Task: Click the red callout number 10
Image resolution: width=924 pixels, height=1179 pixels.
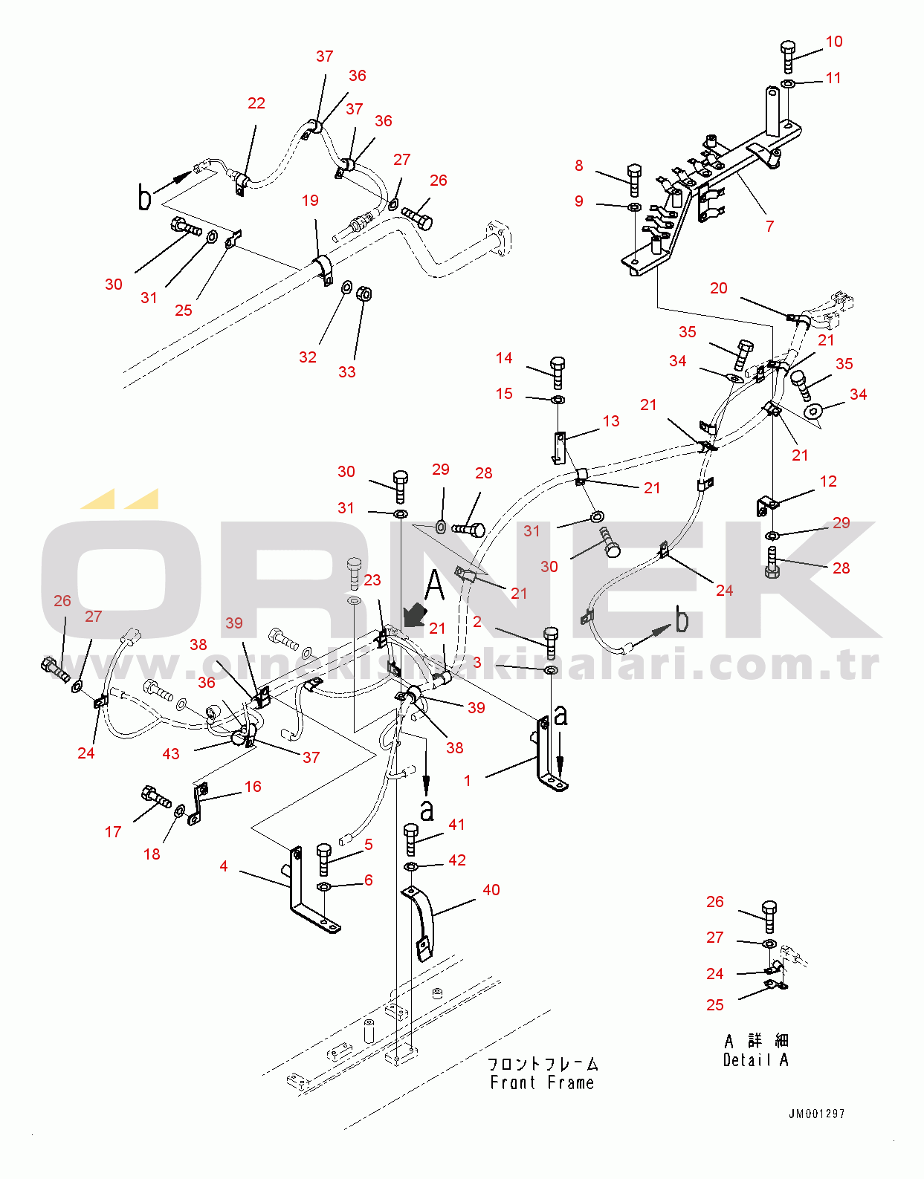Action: click(x=833, y=42)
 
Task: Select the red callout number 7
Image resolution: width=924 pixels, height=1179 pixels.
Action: click(x=769, y=226)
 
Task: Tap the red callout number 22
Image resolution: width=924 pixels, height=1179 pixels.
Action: click(x=256, y=103)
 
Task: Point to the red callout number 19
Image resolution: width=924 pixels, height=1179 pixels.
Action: click(x=310, y=201)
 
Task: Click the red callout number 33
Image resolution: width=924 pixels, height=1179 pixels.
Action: click(x=346, y=372)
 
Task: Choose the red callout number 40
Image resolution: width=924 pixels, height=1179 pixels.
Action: click(x=491, y=890)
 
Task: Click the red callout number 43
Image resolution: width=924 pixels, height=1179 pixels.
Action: click(x=171, y=754)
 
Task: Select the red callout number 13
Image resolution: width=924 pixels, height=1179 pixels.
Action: click(x=610, y=421)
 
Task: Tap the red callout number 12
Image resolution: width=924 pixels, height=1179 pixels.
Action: click(x=828, y=481)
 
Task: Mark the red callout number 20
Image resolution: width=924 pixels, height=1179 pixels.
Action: click(x=718, y=288)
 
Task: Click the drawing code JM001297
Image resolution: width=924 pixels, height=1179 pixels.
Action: click(x=816, y=1114)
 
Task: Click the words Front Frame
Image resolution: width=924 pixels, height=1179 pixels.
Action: click(x=542, y=1083)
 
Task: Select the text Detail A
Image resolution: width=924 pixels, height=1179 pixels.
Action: click(x=755, y=1060)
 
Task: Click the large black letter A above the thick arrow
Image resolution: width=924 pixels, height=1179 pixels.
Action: click(x=435, y=585)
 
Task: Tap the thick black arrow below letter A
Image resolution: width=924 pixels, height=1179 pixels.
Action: click(x=413, y=615)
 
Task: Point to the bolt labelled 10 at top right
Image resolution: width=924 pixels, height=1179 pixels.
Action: click(x=788, y=56)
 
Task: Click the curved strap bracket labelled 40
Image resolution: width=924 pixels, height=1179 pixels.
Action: click(x=421, y=921)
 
